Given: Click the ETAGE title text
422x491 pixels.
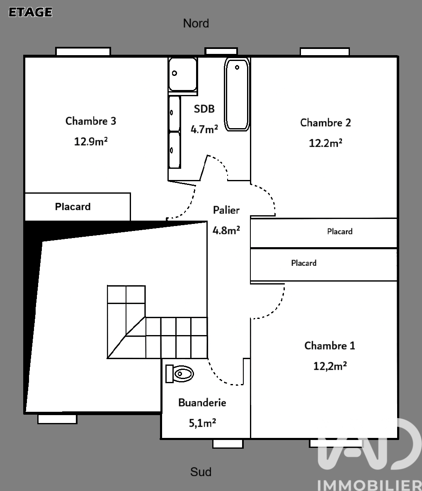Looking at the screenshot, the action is [x=30, y=12].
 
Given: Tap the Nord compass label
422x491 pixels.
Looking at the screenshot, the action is [x=196, y=24].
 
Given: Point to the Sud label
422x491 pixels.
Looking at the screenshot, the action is [x=201, y=472].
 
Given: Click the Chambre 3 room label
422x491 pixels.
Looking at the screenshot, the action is [x=91, y=121].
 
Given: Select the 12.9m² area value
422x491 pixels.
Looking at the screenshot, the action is [x=91, y=141].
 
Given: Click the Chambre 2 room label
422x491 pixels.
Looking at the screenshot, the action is [x=325, y=122].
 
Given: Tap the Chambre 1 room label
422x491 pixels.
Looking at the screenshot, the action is [x=330, y=345].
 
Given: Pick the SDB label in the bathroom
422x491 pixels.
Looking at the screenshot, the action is [x=204, y=109].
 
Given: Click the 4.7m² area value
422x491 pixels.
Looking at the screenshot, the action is [x=204, y=129].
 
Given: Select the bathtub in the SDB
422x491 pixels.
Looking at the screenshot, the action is [x=237, y=94].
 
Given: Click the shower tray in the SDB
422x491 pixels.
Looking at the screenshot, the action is [x=183, y=75].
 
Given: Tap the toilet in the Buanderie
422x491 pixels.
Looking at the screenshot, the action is [x=179, y=374].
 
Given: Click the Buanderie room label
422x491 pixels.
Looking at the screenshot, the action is [x=202, y=402].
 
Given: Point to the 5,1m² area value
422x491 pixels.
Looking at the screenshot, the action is [x=202, y=423].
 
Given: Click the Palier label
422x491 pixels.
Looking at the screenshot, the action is [x=226, y=210].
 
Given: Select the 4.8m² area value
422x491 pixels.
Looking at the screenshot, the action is [x=226, y=230].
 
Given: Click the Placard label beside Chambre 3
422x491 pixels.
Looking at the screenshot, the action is [x=73, y=207].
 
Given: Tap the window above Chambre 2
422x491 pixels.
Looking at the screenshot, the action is [x=325, y=52].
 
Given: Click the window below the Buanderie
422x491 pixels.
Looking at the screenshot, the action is [x=228, y=444].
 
